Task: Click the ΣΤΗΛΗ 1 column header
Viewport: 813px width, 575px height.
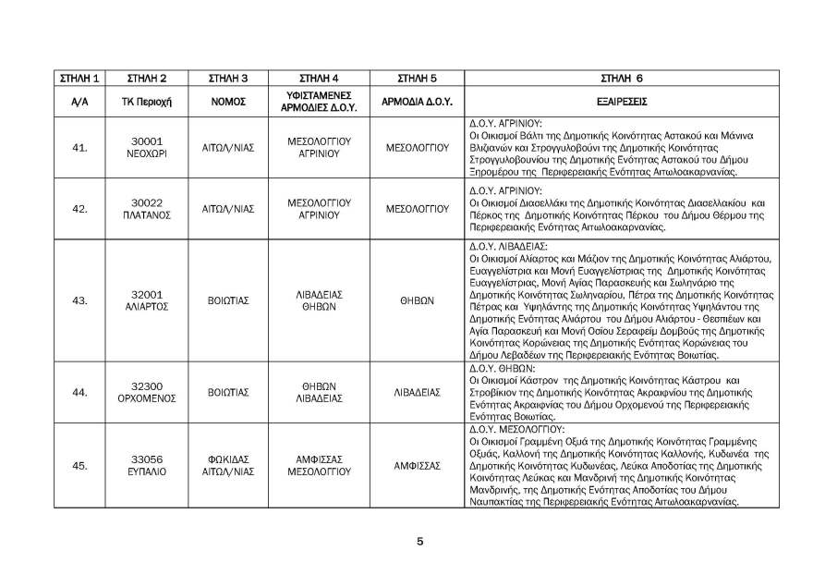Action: (x=79, y=78)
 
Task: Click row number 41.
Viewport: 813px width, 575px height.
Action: (x=79, y=147)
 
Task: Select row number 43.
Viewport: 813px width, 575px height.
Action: (x=79, y=300)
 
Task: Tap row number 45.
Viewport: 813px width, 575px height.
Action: (x=79, y=465)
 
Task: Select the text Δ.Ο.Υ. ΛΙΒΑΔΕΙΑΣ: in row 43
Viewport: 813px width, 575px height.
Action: (x=509, y=247)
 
